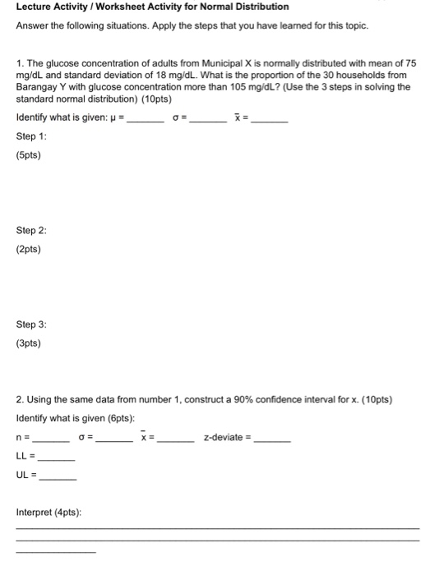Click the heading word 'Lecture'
[34, 7]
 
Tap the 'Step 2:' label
[30, 232]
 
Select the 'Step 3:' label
[30, 326]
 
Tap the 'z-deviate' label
[224, 437]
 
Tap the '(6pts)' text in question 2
[117, 419]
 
